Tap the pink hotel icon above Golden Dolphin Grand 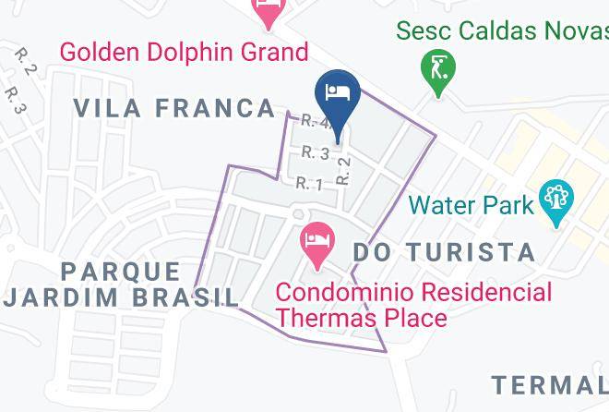[269, 12]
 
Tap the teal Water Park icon [557, 202]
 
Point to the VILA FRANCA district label [173, 108]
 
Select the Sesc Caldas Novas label [502, 30]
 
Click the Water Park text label [472, 204]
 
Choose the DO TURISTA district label [445, 251]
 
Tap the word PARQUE [122, 272]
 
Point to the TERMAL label [550, 384]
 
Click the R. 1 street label [309, 185]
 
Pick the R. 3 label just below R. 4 [316, 152]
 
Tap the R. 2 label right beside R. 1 [344, 169]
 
